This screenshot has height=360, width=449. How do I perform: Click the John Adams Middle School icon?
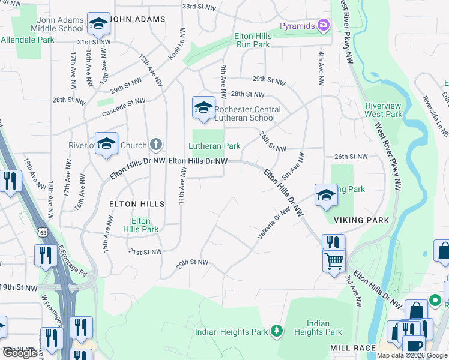(98, 23)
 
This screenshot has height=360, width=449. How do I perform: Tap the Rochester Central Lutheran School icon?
(203, 107)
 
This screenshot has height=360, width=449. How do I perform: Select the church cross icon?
(155, 144)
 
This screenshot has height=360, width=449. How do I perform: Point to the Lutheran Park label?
(214, 146)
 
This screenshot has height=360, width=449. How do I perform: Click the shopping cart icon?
(334, 260)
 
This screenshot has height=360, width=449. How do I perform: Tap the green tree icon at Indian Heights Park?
(276, 331)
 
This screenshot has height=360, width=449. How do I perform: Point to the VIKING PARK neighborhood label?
(366, 220)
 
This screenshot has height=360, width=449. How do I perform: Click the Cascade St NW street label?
(124, 106)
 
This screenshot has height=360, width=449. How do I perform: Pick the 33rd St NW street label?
(199, 6)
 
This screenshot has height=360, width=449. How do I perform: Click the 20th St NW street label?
(192, 262)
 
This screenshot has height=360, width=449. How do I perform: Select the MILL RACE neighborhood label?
(353, 348)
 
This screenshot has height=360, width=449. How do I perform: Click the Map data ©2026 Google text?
(411, 355)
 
